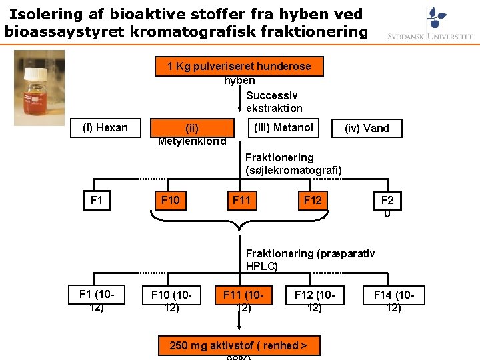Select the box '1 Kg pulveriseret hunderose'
239,67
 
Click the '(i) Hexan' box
105,128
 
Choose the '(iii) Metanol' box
284,127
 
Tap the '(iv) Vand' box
367,128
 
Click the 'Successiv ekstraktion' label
273,102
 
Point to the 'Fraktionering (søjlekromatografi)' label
293,164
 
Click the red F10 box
171,200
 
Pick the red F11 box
241,200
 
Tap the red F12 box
312,200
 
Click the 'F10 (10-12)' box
171,295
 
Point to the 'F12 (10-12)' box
315,295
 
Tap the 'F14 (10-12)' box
394,295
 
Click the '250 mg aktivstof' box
239,345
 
